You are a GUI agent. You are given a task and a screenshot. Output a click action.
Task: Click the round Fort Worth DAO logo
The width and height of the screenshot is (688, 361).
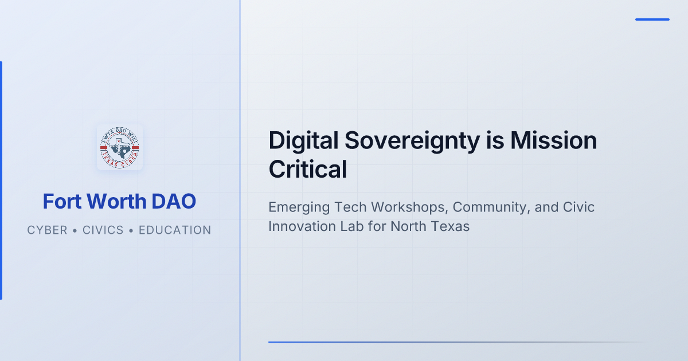click(120, 147)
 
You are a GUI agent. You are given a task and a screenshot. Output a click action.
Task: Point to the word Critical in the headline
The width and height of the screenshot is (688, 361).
click(308, 169)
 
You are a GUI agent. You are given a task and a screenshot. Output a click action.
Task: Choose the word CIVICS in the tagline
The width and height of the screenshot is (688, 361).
click(103, 230)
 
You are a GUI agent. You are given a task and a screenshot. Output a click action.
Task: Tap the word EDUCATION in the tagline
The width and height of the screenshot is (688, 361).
click(175, 230)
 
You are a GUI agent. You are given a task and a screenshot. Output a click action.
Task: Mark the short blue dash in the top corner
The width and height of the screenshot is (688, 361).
click(652, 19)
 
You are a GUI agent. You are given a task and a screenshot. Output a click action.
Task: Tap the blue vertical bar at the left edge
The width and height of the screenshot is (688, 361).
click(1, 180)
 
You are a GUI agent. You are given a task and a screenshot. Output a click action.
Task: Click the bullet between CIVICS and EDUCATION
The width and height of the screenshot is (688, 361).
click(131, 230)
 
